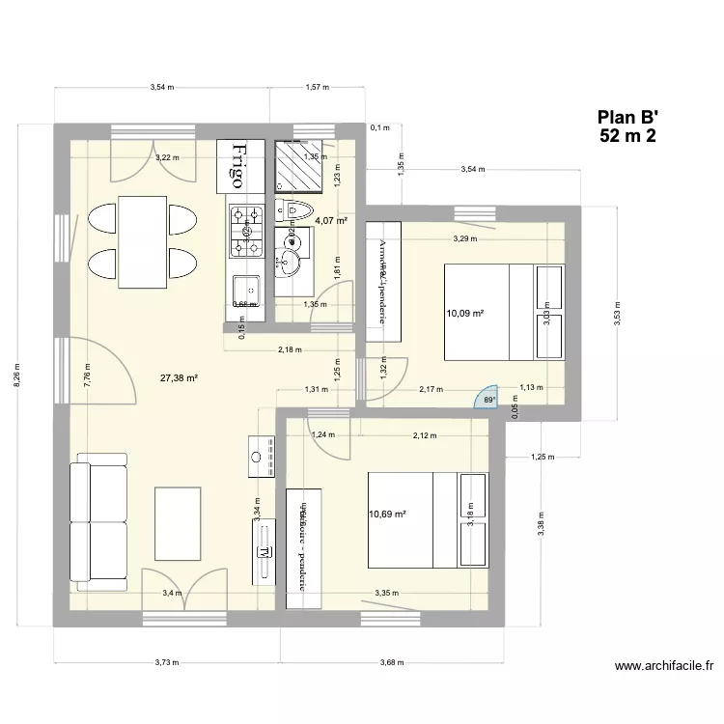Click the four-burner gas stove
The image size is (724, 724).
coord(246,231)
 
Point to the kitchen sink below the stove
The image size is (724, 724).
coord(247,289)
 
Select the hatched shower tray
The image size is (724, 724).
coord(299,166)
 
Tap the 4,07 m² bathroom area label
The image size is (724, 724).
coord(330,221)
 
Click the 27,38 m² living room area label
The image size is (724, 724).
coord(179,378)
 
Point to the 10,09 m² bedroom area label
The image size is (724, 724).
coord(464,313)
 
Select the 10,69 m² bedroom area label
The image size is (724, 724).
coord(387,515)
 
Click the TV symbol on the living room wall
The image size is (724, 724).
coord(263,553)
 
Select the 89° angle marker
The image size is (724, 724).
coord(489,400)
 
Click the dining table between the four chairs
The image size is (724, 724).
coord(135,241)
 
